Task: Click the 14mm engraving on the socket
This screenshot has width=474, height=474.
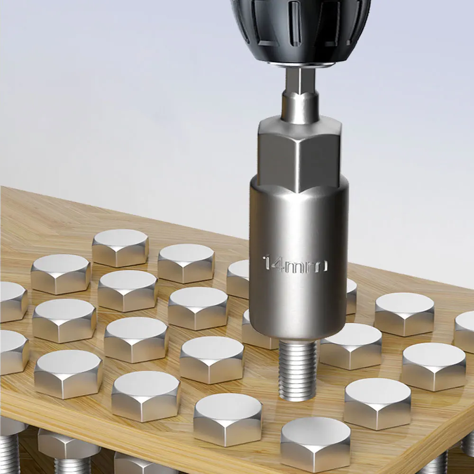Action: (295, 264)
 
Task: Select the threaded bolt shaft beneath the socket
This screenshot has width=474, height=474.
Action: (297, 370)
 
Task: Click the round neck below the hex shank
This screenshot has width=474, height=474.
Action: (299, 106)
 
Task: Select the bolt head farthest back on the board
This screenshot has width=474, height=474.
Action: (120, 246)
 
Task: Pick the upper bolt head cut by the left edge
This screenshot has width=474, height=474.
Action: (12, 301)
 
